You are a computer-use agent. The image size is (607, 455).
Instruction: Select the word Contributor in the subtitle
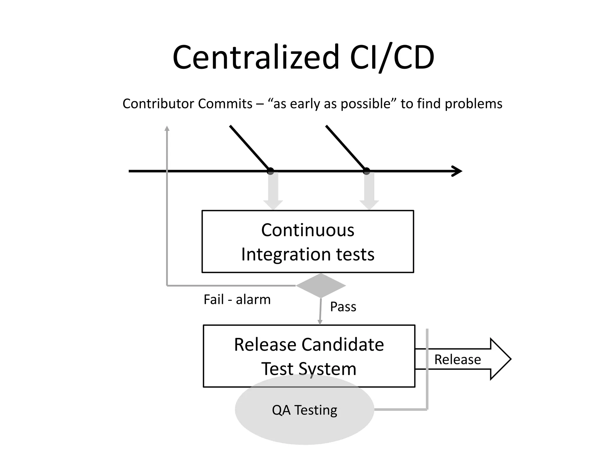[x=158, y=104]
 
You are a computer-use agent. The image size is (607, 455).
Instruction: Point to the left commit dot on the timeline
[x=270, y=171]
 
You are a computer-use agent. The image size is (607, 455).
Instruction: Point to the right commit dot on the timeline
[x=367, y=171]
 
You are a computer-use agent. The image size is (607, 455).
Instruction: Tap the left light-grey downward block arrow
[x=273, y=191]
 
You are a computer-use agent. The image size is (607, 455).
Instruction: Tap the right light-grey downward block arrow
[x=369, y=191]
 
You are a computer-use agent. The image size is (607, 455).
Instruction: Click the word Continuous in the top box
[x=307, y=230]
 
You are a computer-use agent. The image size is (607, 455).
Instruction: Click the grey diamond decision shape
[x=321, y=286]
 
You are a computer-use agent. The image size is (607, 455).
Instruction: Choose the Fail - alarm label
[x=237, y=299]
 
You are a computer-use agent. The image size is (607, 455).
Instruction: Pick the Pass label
[x=343, y=307]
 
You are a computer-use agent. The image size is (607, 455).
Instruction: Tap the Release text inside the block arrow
[x=457, y=359]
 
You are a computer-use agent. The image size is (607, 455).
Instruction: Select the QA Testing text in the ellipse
[x=304, y=410]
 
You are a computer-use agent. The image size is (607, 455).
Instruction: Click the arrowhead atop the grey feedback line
[x=167, y=128]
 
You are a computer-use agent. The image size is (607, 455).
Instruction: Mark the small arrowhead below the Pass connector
[x=320, y=322]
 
